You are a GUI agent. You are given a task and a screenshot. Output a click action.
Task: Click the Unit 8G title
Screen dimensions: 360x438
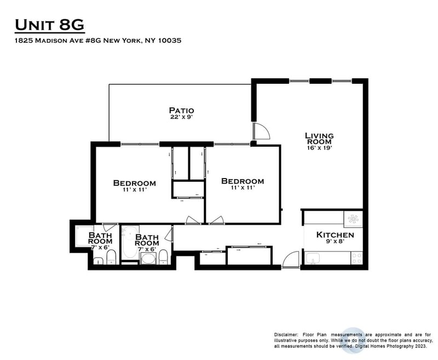tap(49, 25)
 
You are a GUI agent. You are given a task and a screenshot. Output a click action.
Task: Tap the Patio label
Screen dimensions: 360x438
tap(181, 110)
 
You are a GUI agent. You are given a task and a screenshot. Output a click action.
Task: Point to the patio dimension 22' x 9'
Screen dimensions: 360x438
tap(181, 117)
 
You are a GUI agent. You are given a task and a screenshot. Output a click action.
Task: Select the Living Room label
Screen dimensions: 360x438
tap(319, 138)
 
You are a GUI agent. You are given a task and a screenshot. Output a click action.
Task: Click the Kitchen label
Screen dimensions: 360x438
tap(335, 235)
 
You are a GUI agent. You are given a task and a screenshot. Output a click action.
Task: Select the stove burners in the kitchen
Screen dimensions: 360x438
tap(356, 256)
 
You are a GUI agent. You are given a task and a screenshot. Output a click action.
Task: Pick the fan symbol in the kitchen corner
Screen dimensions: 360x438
tap(353, 219)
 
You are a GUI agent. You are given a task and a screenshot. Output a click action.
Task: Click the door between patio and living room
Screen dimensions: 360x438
tap(260, 132)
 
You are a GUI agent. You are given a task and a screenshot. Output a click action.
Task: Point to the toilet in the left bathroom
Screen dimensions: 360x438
tap(111, 258)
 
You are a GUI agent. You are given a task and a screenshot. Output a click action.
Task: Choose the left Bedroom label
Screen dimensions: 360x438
tap(134, 183)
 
